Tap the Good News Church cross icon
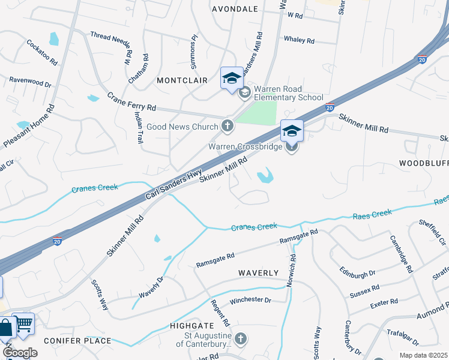click(227, 126)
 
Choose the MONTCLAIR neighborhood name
click(182, 80)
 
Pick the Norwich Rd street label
click(292, 271)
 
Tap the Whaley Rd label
click(299, 41)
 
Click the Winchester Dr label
click(251, 299)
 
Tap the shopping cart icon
click(23, 324)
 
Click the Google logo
click(20, 353)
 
